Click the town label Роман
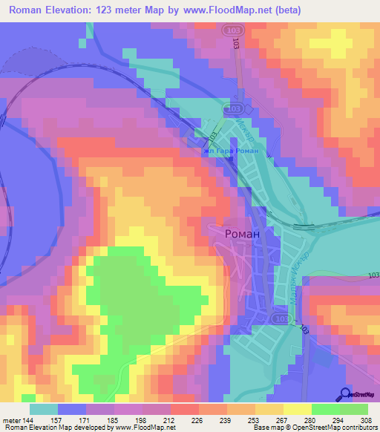[x=242, y=233]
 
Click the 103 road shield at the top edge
[x=236, y=29]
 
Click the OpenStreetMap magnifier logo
[x=345, y=394]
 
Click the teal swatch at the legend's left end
[x=44, y=409]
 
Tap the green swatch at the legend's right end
[x=354, y=409]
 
